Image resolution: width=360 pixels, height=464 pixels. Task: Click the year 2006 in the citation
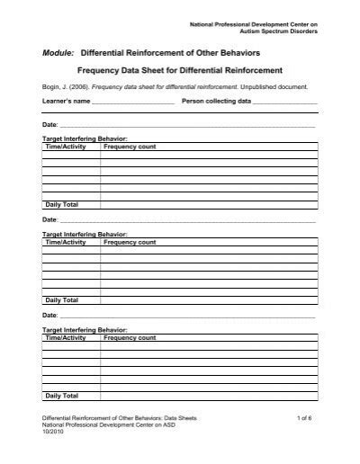[77, 87]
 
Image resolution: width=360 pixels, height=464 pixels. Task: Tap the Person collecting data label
[216, 103]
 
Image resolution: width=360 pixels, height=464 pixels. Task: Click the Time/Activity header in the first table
[66, 146]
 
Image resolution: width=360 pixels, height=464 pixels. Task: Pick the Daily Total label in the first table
[61, 206]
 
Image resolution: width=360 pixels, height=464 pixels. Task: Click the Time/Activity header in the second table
[66, 242]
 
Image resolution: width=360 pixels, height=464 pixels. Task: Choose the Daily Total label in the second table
[61, 300]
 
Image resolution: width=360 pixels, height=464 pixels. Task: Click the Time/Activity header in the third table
[66, 336]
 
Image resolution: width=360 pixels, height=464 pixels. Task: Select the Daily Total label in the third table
[61, 396]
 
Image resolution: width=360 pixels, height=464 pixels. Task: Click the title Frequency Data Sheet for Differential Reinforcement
[180, 70]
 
